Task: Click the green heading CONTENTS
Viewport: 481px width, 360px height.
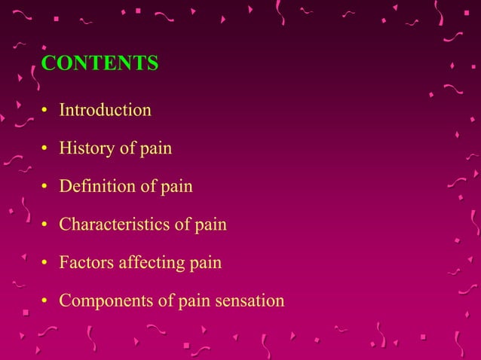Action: (x=100, y=64)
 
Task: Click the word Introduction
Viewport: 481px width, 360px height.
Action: (x=105, y=110)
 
